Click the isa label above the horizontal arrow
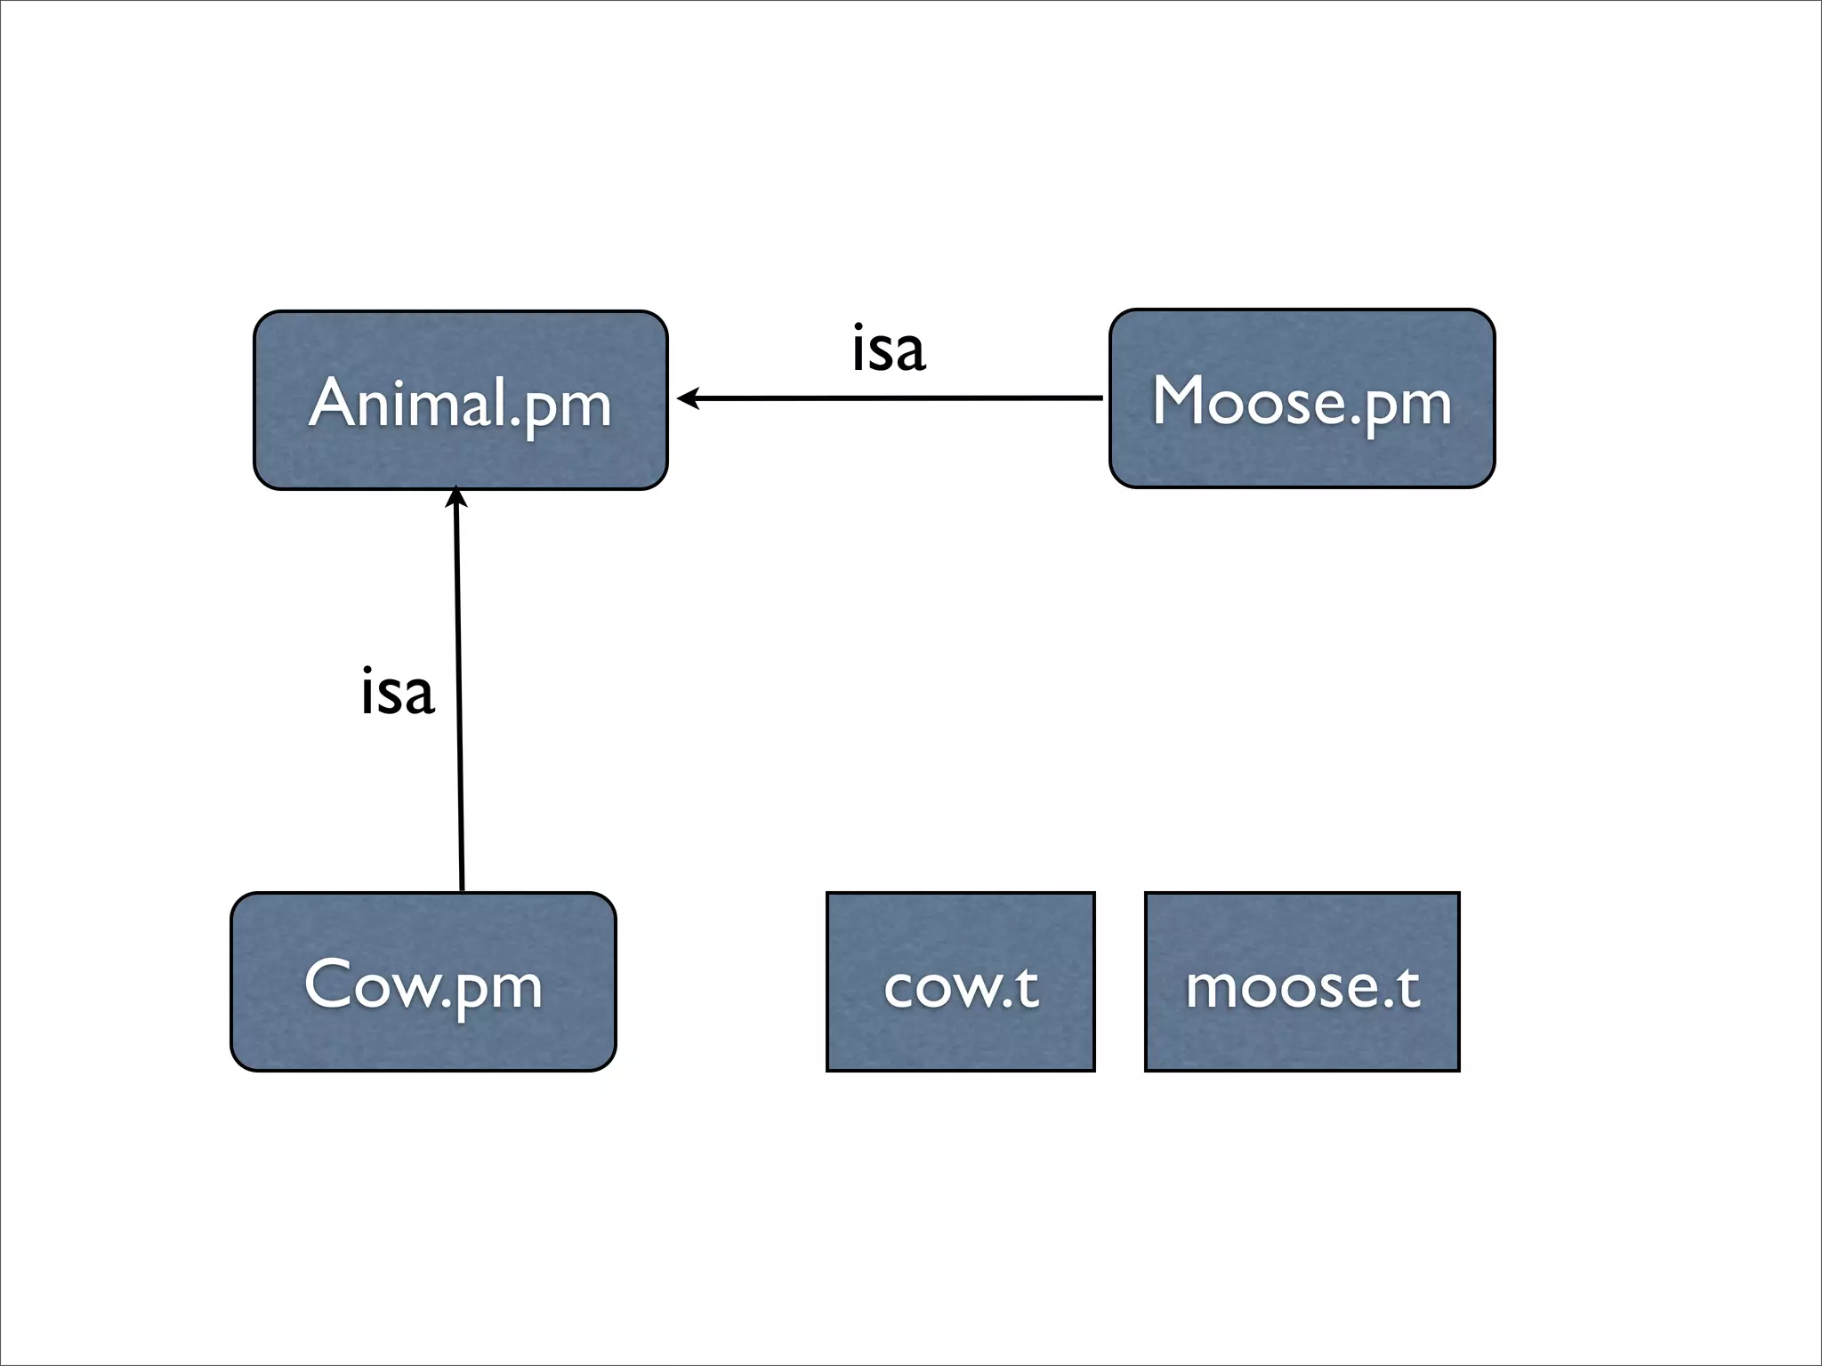pyautogui.click(x=888, y=349)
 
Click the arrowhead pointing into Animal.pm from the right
pyautogui.click(x=688, y=398)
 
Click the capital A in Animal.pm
pyautogui.click(x=333, y=403)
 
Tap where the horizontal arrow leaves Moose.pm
pyautogui.click(x=1100, y=398)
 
